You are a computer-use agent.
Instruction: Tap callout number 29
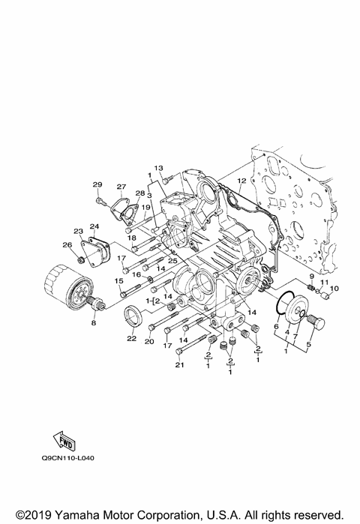tap(97, 184)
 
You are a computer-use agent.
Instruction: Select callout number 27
tap(121, 187)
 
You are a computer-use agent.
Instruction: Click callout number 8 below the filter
tap(94, 323)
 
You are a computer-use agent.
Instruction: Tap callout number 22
tap(131, 338)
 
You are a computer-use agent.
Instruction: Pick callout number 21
tap(179, 365)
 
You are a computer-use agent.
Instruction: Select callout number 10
tap(334, 288)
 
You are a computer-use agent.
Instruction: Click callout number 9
tap(311, 277)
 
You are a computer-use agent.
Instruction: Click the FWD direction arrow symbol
tap(64, 439)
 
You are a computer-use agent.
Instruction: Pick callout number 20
tap(148, 341)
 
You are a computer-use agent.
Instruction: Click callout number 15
tap(118, 281)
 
